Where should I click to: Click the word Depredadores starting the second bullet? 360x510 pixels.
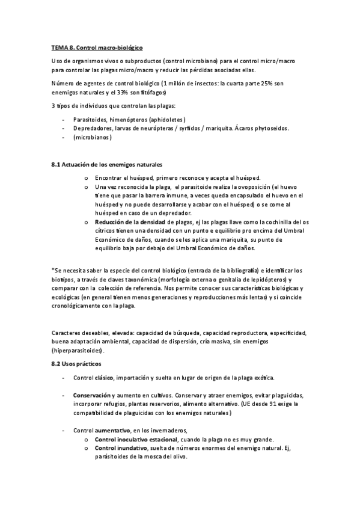(96, 127)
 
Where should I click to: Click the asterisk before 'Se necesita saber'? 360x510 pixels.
(53, 269)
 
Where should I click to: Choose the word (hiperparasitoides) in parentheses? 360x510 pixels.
(78, 350)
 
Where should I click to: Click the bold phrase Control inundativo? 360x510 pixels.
(121, 448)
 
